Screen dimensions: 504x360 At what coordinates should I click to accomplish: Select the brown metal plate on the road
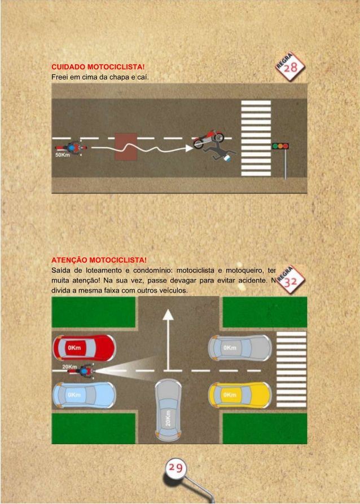pos(126,147)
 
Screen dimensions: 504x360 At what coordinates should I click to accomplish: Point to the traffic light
pos(280,145)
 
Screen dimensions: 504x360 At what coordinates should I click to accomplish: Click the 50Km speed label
pos(63,155)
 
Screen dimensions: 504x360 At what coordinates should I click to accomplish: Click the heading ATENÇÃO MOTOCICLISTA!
pos(99,260)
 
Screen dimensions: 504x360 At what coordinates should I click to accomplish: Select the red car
pos(84,349)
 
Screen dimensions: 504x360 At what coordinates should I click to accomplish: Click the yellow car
pos(240,395)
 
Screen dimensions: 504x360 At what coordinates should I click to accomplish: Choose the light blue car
pos(84,395)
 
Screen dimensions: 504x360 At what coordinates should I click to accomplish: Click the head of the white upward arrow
pos(168,314)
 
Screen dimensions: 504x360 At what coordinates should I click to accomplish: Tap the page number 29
pos(175,467)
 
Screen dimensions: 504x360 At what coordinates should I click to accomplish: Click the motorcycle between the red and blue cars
pos(85,372)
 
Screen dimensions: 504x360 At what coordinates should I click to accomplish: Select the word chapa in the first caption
pos(120,77)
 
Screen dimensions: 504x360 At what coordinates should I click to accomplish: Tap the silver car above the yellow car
pos(240,348)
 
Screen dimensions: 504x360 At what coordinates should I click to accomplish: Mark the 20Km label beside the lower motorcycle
pos(69,366)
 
